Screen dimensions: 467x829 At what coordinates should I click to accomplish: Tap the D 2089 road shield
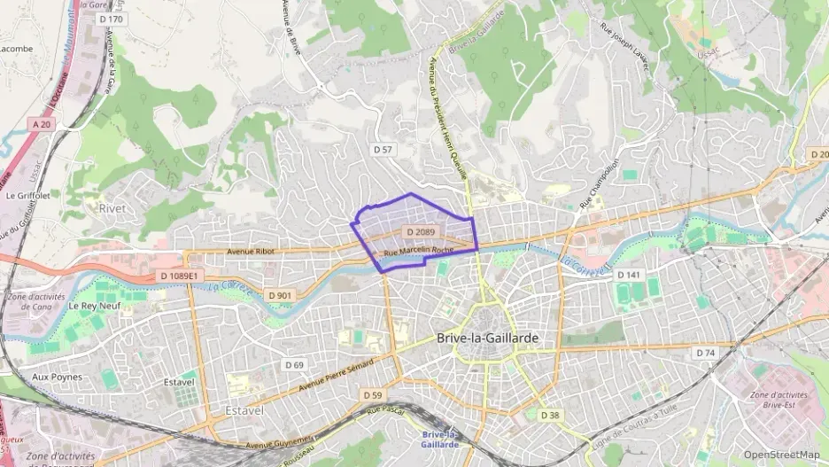tap(421, 232)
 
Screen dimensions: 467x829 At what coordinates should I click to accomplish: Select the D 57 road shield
tap(382, 150)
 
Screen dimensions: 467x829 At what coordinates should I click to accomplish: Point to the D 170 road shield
tap(111, 19)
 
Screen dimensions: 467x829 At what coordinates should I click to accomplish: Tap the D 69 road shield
tap(294, 365)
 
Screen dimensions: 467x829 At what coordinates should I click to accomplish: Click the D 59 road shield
tap(372, 394)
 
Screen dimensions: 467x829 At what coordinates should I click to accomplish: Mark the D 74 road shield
tap(705, 353)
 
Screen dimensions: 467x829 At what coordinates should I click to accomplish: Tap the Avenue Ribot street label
tap(252, 252)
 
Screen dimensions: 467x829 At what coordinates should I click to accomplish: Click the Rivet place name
tap(106, 208)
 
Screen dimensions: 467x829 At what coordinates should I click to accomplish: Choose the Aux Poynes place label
tap(57, 377)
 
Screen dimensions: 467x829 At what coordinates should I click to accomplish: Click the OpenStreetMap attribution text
tap(781, 455)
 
